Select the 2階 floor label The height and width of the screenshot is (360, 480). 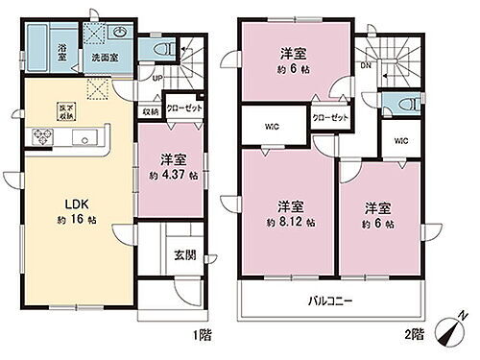point(415,335)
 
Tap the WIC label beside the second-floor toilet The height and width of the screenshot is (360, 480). point(399,140)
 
